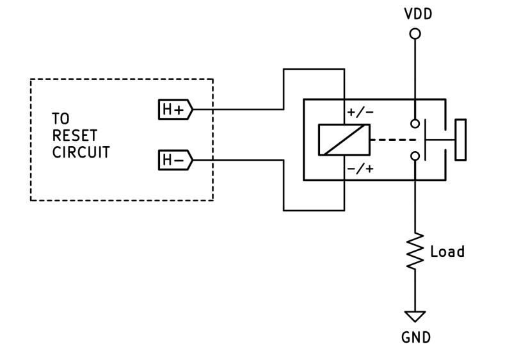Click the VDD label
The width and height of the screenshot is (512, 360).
click(415, 13)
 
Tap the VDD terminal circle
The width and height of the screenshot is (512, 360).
click(415, 33)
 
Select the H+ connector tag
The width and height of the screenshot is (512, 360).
click(175, 110)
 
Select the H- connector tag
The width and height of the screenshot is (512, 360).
click(175, 160)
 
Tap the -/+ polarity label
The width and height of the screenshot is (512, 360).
click(360, 169)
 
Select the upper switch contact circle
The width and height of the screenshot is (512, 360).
click(415, 123)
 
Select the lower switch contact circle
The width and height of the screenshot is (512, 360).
click(415, 156)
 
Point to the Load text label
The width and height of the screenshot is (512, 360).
click(447, 251)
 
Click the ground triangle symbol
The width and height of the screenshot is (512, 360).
click(415, 316)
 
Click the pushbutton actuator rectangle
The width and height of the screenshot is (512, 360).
click(460, 140)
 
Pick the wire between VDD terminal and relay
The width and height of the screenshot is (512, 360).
click(415, 77)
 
